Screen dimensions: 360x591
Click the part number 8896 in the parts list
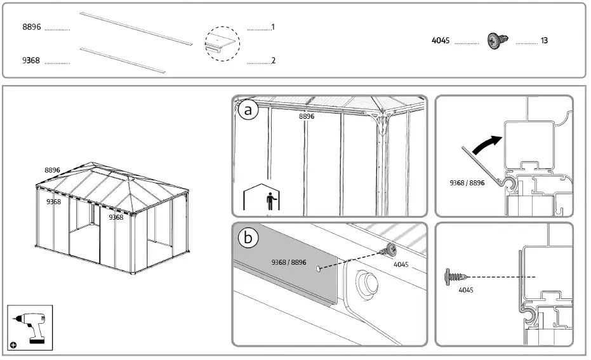(32, 27)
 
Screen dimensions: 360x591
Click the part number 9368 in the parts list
(31, 61)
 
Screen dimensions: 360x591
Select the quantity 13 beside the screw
(544, 41)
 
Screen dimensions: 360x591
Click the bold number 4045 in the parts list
(441, 41)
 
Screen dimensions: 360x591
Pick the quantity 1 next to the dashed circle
(272, 27)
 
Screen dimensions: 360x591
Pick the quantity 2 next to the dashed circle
(272, 61)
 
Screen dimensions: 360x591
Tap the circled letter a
(248, 110)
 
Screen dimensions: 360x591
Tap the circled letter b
(248, 238)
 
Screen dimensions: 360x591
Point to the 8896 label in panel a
(307, 117)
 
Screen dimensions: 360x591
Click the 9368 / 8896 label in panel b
(289, 262)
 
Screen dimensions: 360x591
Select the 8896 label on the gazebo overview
(52, 170)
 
